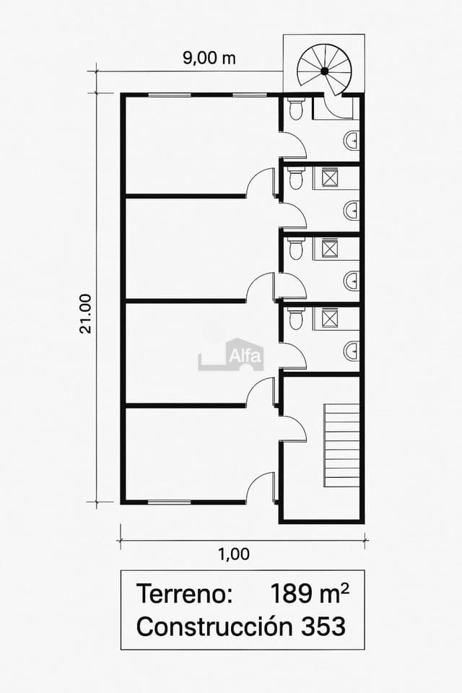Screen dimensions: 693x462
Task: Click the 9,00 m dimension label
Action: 209,58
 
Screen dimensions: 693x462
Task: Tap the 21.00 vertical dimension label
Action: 86,313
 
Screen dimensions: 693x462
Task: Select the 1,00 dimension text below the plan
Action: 233,554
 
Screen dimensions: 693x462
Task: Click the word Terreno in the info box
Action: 184,594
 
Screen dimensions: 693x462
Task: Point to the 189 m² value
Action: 310,593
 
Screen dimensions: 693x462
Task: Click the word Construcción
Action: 213,627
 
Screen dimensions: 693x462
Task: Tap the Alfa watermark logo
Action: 232,355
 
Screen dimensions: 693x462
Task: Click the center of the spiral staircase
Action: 324,70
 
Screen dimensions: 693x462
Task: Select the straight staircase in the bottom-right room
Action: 342,445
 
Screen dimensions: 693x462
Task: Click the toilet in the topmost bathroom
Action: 295,110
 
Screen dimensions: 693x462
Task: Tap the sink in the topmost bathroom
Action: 352,140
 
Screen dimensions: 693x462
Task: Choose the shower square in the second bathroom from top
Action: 330,178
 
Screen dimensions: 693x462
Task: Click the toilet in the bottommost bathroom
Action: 295,318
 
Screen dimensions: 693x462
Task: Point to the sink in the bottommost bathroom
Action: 352,351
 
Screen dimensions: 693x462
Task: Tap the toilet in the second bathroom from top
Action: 295,178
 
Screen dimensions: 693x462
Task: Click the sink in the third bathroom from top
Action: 352,279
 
